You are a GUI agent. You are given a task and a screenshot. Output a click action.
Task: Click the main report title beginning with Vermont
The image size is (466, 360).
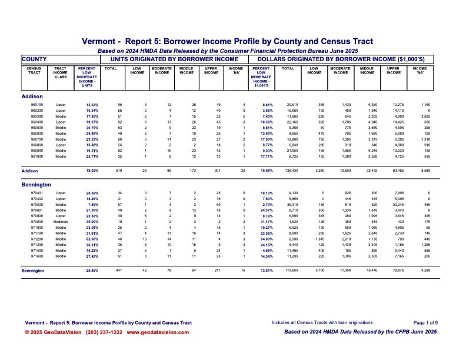(232, 42)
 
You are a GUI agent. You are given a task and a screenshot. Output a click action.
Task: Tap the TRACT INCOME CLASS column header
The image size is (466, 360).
(61, 73)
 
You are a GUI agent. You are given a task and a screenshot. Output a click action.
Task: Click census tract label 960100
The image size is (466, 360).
(35, 105)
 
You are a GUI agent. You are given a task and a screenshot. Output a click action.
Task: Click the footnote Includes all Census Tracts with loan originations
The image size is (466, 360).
(322, 323)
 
